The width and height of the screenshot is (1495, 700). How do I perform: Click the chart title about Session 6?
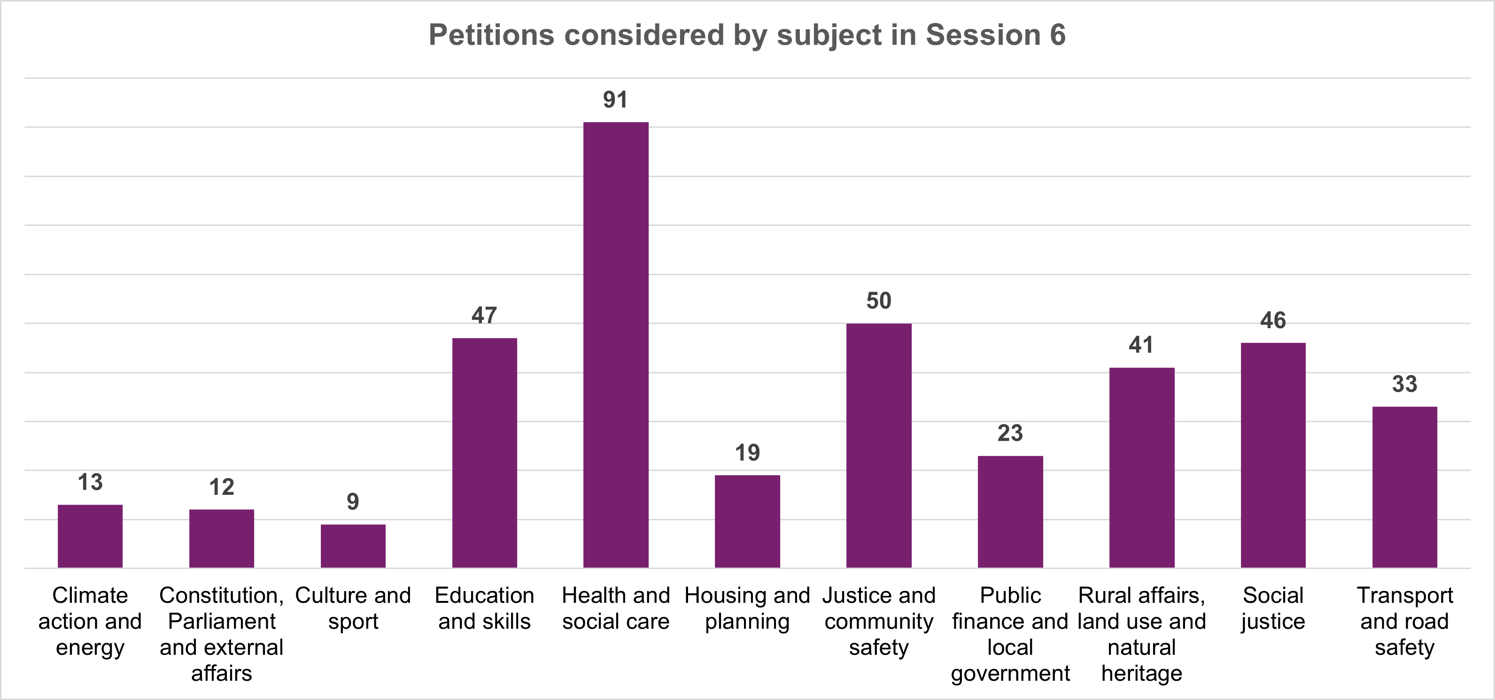point(747,35)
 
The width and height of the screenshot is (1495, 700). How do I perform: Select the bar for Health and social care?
point(616,345)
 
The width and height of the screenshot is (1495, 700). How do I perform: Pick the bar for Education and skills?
point(485,453)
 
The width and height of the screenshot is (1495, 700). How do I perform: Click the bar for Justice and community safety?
point(879,446)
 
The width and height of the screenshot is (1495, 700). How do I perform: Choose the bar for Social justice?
point(1273,455)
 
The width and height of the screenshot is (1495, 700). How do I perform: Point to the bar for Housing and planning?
point(747,522)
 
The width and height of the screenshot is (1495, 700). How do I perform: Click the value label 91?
point(615,100)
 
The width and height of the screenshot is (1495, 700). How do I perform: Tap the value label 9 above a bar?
point(353,502)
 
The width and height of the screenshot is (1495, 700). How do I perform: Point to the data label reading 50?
point(879,301)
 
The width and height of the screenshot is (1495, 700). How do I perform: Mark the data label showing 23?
point(1010,433)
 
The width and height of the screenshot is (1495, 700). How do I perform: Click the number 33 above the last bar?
point(1404,384)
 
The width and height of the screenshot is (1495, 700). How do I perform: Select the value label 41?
point(1141,345)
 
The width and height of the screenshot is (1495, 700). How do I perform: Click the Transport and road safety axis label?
point(1404,621)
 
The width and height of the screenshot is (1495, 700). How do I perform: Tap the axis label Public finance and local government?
point(1010,634)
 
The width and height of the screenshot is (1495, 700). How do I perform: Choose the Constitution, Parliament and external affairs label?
point(222,634)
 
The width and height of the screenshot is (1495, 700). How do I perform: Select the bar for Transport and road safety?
point(1404,487)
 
